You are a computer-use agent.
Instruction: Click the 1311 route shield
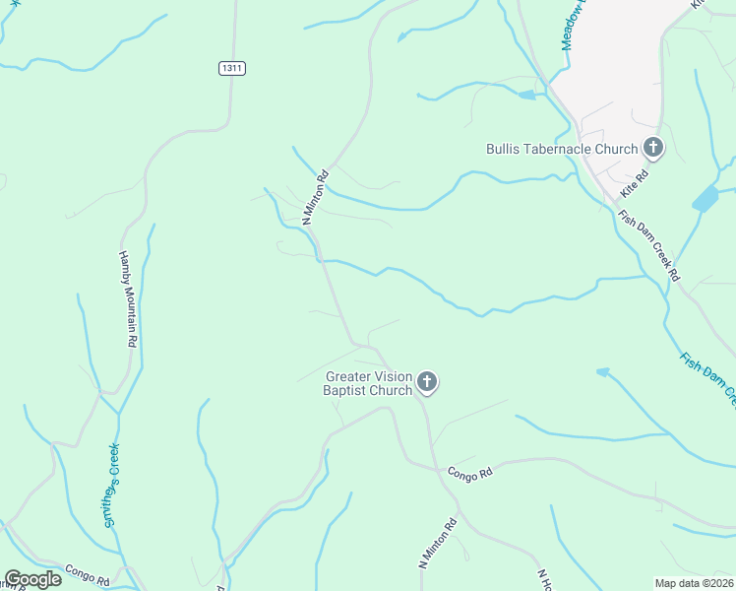(x=231, y=68)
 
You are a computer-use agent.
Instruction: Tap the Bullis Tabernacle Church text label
(x=562, y=150)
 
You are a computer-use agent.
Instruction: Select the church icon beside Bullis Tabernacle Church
(x=652, y=149)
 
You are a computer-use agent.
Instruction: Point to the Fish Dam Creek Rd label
(x=649, y=245)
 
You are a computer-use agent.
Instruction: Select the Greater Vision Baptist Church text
(x=369, y=382)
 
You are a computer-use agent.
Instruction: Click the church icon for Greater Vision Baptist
(x=427, y=381)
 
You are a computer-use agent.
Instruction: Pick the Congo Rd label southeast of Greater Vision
(x=469, y=475)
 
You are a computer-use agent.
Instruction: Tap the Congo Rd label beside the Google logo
(x=87, y=574)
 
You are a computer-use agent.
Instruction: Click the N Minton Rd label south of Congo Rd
(x=438, y=543)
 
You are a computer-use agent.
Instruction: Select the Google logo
(x=32, y=579)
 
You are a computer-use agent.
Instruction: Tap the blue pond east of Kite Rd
(x=705, y=199)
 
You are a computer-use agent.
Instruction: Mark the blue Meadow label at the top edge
(x=570, y=25)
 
